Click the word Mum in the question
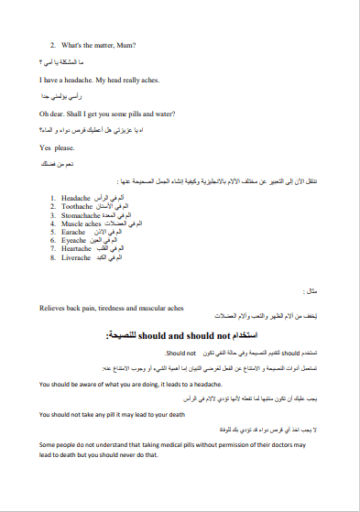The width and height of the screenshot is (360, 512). pos(125,44)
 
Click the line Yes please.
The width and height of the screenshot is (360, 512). pos(52,147)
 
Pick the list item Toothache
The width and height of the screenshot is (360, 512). pos(79,207)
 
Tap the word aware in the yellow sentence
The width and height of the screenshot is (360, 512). pos(92,385)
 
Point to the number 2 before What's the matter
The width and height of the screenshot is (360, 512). pos(53,44)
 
